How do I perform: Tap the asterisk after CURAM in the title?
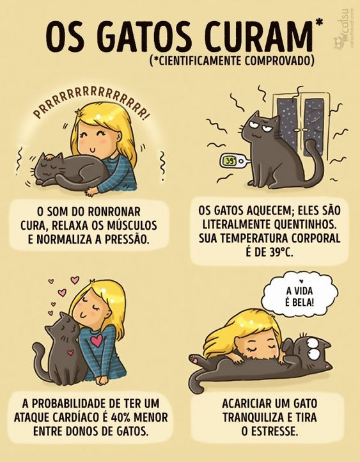point(318,23)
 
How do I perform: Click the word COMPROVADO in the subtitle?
point(279,60)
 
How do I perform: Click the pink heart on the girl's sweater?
point(97,340)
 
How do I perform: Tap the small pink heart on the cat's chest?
point(70,352)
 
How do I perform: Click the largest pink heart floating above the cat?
point(75,280)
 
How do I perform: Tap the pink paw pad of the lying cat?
point(195,358)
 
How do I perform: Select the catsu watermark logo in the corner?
point(343,26)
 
